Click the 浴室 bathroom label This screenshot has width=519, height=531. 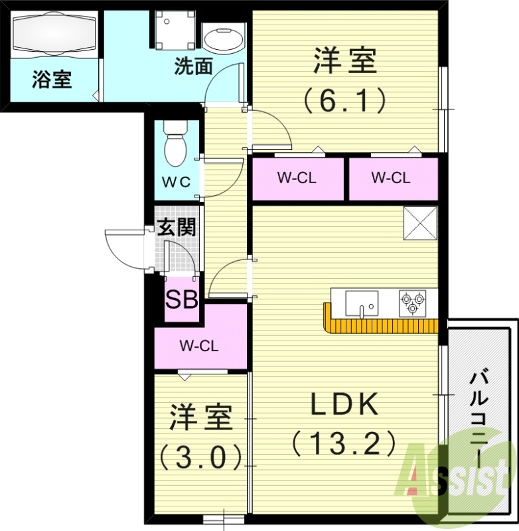(x=52, y=80)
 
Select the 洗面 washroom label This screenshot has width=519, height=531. (x=194, y=66)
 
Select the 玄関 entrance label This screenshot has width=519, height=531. (x=176, y=228)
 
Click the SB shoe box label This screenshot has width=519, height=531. (x=181, y=301)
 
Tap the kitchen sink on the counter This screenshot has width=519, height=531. (x=361, y=303)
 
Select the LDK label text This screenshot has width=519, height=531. (x=344, y=404)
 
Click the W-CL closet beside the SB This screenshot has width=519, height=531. (x=200, y=345)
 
